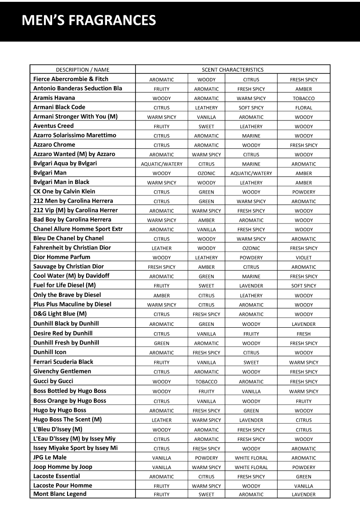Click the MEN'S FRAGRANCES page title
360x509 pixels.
[89, 20]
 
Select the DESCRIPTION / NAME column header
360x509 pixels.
[83, 70]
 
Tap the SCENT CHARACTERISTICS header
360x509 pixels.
[233, 70]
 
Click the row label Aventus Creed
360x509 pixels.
[54, 126]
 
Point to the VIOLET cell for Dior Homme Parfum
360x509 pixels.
[303, 257]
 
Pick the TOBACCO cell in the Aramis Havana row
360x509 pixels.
[303, 98]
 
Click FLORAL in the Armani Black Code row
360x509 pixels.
[303, 108]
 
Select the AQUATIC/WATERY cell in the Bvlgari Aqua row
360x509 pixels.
[161, 164]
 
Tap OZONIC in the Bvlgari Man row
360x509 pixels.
[206, 174]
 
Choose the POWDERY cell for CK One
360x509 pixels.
[303, 192]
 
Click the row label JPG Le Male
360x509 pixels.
[50, 457]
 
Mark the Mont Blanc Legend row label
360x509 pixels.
[60, 494]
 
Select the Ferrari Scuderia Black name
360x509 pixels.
[63, 362]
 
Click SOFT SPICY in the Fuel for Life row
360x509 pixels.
[303, 286]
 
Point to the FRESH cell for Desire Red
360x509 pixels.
[303, 334]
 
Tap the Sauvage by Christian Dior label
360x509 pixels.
[68, 267]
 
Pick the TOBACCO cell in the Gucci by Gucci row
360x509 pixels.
[206, 382]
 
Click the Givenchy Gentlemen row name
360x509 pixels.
[62, 371]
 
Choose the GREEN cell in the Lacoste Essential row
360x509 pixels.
[303, 477]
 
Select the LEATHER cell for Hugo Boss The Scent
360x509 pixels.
[161, 420]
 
